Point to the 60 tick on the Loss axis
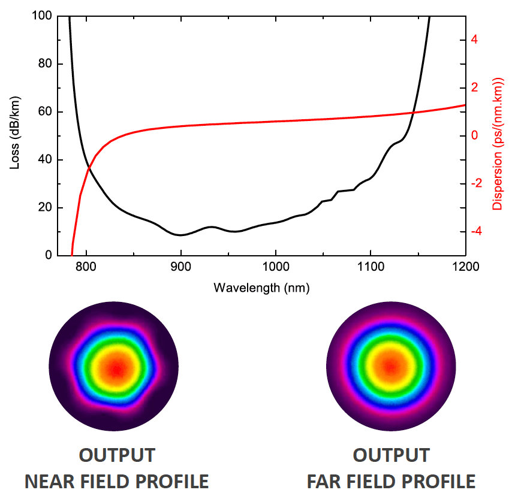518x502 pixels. [x=43, y=112]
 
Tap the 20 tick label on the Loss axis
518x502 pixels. [x=43, y=208]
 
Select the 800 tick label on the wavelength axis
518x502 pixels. [x=86, y=267]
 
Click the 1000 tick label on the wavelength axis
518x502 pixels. [x=275, y=267]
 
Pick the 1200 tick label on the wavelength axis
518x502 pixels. [x=465, y=267]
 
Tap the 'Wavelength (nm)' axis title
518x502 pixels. [x=261, y=288]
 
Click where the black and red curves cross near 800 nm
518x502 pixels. [x=89, y=167]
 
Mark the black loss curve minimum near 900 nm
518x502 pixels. [x=180, y=235]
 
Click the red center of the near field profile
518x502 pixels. [x=116, y=367]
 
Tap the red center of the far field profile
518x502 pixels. [x=391, y=366]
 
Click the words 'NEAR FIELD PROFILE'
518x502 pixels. [x=116, y=481]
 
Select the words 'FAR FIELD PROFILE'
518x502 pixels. [x=391, y=481]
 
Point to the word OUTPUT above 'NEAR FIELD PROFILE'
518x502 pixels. [x=116, y=455]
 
